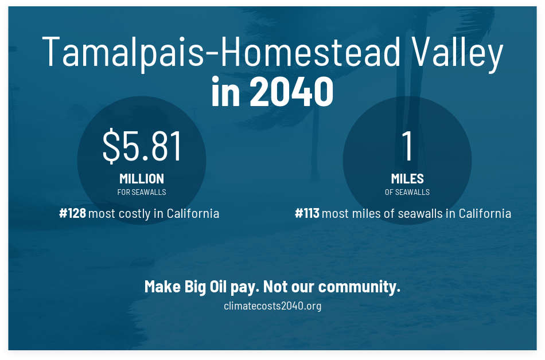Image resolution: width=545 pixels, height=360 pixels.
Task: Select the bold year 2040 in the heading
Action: click(x=291, y=91)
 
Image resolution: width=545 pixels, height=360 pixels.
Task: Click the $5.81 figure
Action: click(x=142, y=146)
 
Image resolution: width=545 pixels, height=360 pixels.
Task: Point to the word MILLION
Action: click(x=142, y=179)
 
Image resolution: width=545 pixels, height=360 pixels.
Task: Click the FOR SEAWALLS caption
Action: click(x=142, y=192)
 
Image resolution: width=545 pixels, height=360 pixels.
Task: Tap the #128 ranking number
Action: click(x=72, y=213)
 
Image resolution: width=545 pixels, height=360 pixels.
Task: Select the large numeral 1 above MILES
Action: click(x=407, y=146)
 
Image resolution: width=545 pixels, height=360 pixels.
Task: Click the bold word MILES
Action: click(x=407, y=179)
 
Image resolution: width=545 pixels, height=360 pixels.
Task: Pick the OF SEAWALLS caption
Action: click(x=407, y=192)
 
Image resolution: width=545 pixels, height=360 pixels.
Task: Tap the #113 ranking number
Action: click(x=307, y=213)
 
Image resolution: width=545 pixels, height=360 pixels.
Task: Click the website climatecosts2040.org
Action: click(x=272, y=306)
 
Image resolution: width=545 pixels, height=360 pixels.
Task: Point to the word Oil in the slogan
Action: click(x=218, y=287)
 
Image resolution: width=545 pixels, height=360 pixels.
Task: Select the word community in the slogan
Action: click(x=359, y=287)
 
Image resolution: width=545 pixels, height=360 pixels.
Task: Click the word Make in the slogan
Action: click(x=163, y=287)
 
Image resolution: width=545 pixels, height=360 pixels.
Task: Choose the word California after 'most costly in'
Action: click(x=193, y=213)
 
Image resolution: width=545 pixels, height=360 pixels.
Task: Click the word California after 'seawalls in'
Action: click(x=485, y=213)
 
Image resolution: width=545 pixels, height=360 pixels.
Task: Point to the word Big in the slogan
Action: click(x=195, y=287)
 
